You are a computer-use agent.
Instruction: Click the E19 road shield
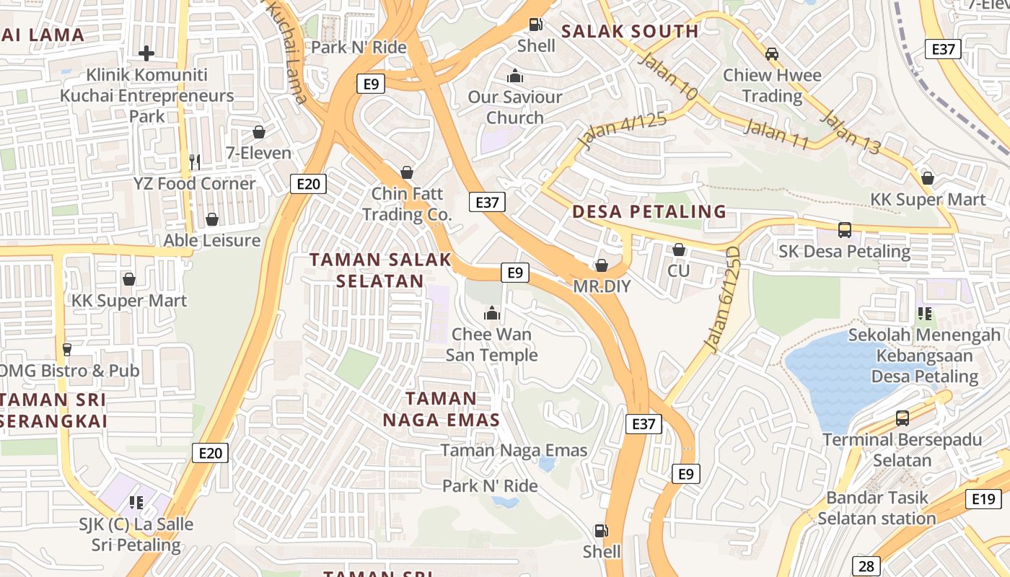(x=983, y=498)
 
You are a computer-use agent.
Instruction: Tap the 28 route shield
(x=866, y=566)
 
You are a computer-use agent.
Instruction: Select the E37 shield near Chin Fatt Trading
(x=487, y=202)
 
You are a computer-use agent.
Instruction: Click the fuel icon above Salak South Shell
(x=536, y=24)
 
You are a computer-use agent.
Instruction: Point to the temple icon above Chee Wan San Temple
(x=492, y=313)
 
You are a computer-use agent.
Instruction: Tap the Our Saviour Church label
(x=515, y=107)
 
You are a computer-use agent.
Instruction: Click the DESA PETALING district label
(x=649, y=211)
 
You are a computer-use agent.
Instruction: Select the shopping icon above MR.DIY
(x=602, y=265)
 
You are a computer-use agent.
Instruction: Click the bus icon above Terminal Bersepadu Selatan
(x=902, y=418)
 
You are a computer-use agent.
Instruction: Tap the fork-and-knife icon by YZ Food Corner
(x=194, y=162)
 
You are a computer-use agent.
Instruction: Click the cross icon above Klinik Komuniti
(x=146, y=53)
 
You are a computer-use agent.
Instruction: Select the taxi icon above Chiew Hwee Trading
(x=772, y=53)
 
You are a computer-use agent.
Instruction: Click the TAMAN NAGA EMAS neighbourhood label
(x=441, y=409)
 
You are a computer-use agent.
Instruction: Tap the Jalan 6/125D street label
(x=724, y=299)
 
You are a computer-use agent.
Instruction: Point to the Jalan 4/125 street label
(x=622, y=131)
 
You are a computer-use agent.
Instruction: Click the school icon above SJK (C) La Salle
(x=135, y=502)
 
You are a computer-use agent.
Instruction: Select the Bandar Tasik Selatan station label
(x=877, y=508)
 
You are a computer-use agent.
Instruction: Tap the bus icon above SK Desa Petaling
(x=844, y=230)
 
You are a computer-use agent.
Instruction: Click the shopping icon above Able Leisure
(x=212, y=219)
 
